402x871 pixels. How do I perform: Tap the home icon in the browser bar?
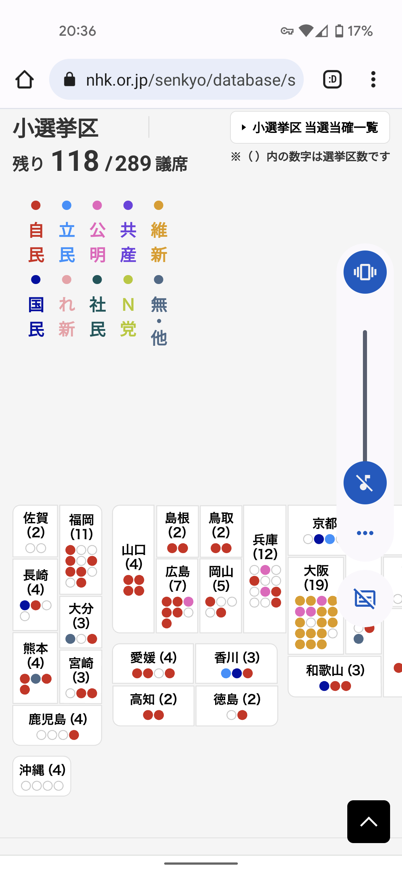(25, 79)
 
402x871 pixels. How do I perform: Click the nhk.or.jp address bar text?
(191, 80)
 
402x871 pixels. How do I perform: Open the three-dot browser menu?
(373, 79)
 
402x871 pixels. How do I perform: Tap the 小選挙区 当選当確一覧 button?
(310, 127)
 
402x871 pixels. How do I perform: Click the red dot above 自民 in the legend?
(36, 205)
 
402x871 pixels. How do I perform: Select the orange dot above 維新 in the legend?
(159, 205)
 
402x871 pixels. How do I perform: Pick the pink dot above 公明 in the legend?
(97, 205)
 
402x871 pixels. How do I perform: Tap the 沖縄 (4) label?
(42, 769)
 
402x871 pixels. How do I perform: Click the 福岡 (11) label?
(81, 527)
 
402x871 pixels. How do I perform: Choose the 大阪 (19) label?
(316, 577)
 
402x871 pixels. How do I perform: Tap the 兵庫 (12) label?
(265, 546)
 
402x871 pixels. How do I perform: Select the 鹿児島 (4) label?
(58, 719)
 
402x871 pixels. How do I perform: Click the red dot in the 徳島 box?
(242, 715)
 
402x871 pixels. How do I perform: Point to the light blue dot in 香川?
(226, 673)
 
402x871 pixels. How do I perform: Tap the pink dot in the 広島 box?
(188, 602)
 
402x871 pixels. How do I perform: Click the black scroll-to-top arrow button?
(368, 821)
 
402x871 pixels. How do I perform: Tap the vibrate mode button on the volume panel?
(365, 272)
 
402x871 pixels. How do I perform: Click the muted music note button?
(365, 483)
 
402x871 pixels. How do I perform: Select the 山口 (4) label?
(133, 557)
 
